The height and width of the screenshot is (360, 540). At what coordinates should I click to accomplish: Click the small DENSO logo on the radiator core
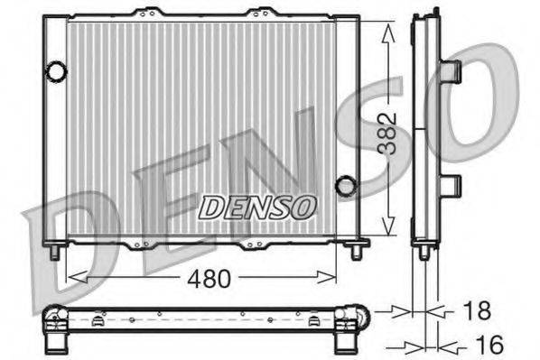tap(257, 207)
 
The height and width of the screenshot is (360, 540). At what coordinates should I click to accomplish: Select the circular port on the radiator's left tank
tap(57, 69)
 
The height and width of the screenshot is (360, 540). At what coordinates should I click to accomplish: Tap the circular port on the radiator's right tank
tap(345, 186)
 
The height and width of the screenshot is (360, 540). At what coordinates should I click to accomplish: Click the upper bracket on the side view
tap(451, 70)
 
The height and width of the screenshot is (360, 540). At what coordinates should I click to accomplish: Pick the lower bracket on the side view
tap(451, 185)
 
